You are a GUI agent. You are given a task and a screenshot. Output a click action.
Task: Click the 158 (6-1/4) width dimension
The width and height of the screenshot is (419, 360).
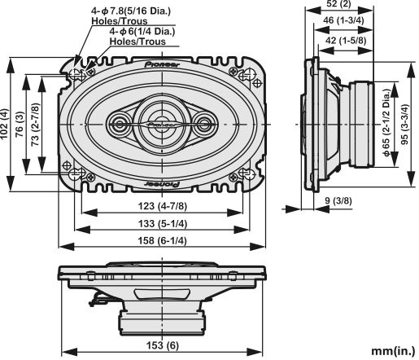click(163, 240)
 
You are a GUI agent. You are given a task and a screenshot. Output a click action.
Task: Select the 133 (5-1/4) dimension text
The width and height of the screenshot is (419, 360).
click(163, 224)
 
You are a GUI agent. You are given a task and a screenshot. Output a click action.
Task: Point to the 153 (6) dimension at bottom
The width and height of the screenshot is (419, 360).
click(163, 345)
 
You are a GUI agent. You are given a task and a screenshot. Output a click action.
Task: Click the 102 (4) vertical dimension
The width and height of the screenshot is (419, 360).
click(7, 123)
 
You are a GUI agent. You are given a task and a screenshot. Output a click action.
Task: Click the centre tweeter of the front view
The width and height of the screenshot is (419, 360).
click(162, 123)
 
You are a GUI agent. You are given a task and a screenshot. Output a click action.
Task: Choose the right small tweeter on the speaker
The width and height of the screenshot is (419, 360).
click(203, 124)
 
